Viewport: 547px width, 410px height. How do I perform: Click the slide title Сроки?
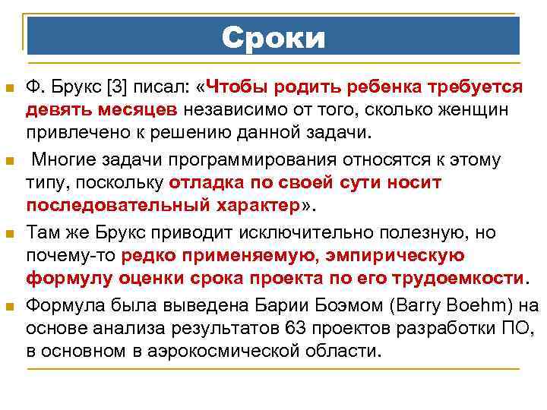(x=273, y=36)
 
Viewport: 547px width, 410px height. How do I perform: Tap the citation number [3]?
(x=119, y=87)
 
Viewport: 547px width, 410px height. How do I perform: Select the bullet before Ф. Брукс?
(x=9, y=88)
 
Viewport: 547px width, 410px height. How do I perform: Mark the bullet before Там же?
(x=9, y=232)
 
